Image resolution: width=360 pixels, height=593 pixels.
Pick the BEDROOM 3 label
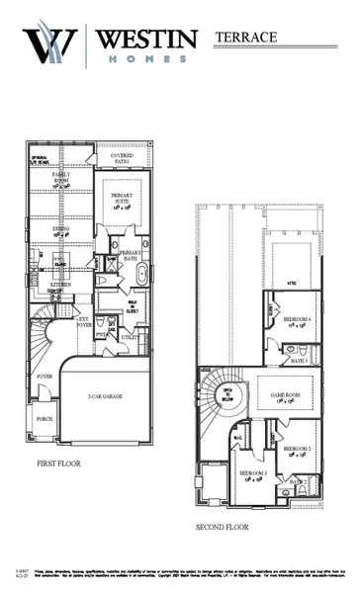(x=251, y=475)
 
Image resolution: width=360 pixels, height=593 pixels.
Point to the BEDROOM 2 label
(x=297, y=449)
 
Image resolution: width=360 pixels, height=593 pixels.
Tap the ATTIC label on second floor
(x=292, y=283)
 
